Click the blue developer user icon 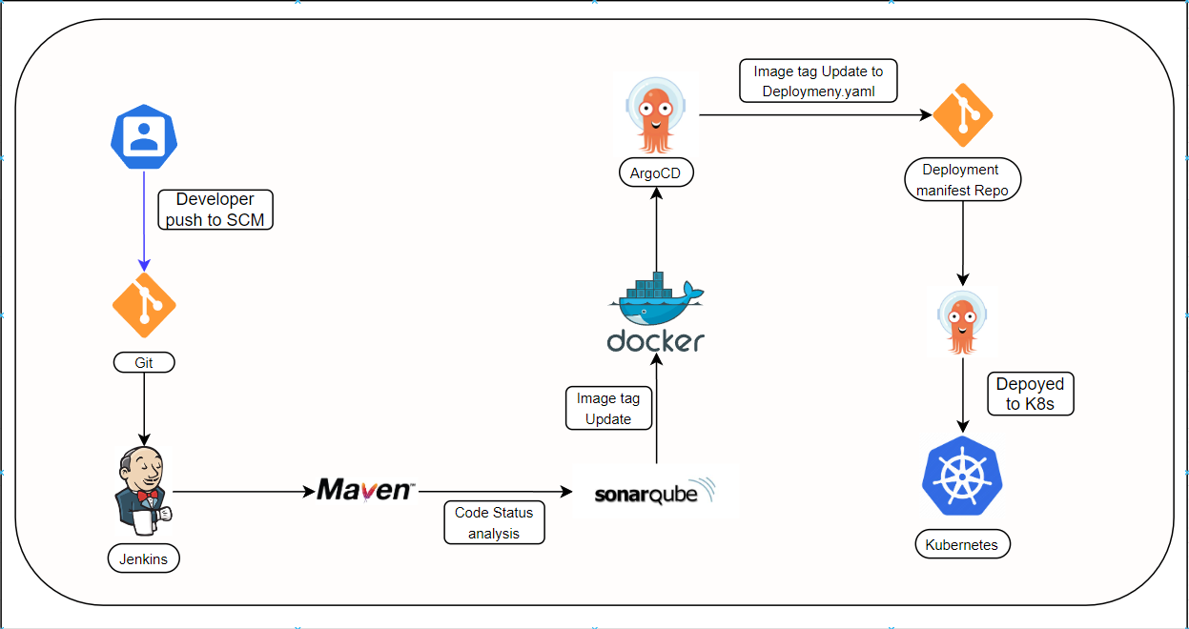point(144,136)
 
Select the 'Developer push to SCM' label point(216,210)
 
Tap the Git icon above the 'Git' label point(144,305)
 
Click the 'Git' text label point(144,363)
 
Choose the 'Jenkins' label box point(143,558)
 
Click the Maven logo point(365,490)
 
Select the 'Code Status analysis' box point(494,522)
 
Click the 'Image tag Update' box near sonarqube point(608,408)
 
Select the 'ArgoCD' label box point(655,173)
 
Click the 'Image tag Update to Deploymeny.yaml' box point(818,81)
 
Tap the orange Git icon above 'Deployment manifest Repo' point(962,115)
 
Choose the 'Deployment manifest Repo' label point(962,180)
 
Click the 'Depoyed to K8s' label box point(1030,394)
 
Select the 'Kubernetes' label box point(962,545)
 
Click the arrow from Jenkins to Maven point(243,492)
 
